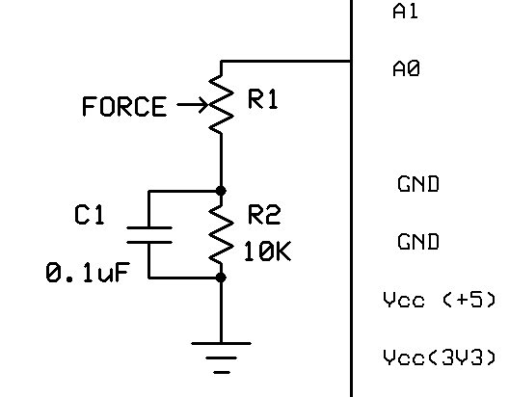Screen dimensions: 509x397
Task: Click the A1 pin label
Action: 405,12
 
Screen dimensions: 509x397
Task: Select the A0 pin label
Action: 406,68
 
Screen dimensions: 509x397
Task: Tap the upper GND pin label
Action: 418,184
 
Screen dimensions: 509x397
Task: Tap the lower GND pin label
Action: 418,241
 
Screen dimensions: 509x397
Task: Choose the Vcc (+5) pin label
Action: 440,299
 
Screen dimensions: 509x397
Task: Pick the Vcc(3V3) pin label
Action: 440,357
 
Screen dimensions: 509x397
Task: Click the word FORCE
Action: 124,106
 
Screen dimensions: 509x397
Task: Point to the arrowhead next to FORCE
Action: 203,104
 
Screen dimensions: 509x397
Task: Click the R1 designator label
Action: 263,99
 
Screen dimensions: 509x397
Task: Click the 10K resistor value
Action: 267,251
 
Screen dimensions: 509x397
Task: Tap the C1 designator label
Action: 90,214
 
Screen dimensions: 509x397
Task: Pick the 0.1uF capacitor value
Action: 88,272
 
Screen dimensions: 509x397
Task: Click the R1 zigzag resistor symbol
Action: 221,104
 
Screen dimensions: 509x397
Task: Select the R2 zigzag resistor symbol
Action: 221,234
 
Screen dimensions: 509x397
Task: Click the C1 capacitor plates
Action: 149,235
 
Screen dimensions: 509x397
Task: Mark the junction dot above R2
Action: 221,191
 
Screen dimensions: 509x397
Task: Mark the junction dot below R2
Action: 221,278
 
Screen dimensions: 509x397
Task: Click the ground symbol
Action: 221,357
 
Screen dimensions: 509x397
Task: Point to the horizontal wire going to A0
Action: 286,61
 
